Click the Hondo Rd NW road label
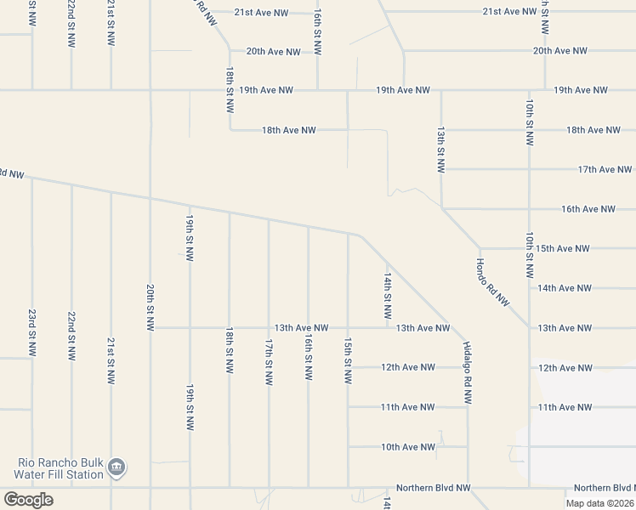coord(492,282)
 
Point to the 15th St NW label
coord(348,360)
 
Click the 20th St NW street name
coord(150,307)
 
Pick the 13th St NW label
coord(441,150)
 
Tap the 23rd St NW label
coord(32,331)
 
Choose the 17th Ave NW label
coord(605,170)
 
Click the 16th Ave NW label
coord(588,209)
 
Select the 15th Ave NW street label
coord(563,249)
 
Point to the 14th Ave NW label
coord(565,288)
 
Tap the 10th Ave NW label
coord(408,447)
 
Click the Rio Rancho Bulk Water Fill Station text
coord(60,468)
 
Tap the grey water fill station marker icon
coord(117,467)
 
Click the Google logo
coord(28,500)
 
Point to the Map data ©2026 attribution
coord(599,503)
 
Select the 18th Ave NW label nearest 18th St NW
coord(289,130)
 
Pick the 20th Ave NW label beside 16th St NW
coord(274,52)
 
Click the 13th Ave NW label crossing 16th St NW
coord(301,328)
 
